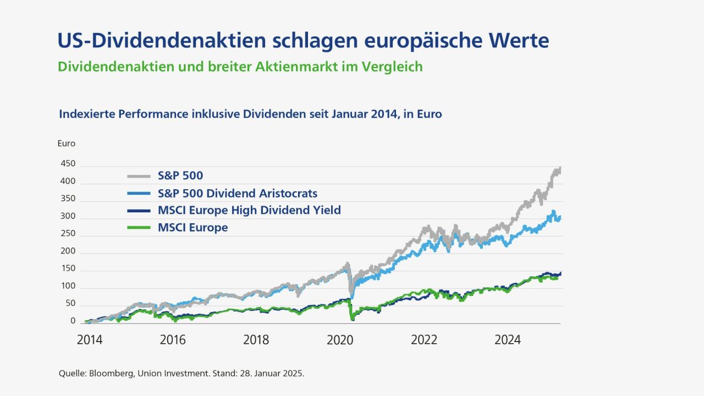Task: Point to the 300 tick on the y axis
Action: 69,217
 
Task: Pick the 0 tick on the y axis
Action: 73,321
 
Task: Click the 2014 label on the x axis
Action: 89,340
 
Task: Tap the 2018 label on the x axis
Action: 256,340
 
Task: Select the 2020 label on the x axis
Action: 340,340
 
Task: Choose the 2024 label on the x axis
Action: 507,340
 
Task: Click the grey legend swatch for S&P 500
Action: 139,177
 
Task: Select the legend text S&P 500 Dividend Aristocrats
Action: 237,194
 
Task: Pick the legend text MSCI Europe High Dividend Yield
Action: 249,210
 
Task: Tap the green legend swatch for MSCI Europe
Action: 139,228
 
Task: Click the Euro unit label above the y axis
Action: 66,144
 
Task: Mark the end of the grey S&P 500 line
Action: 559,168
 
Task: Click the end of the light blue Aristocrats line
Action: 559,217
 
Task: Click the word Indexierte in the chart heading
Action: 85,114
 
